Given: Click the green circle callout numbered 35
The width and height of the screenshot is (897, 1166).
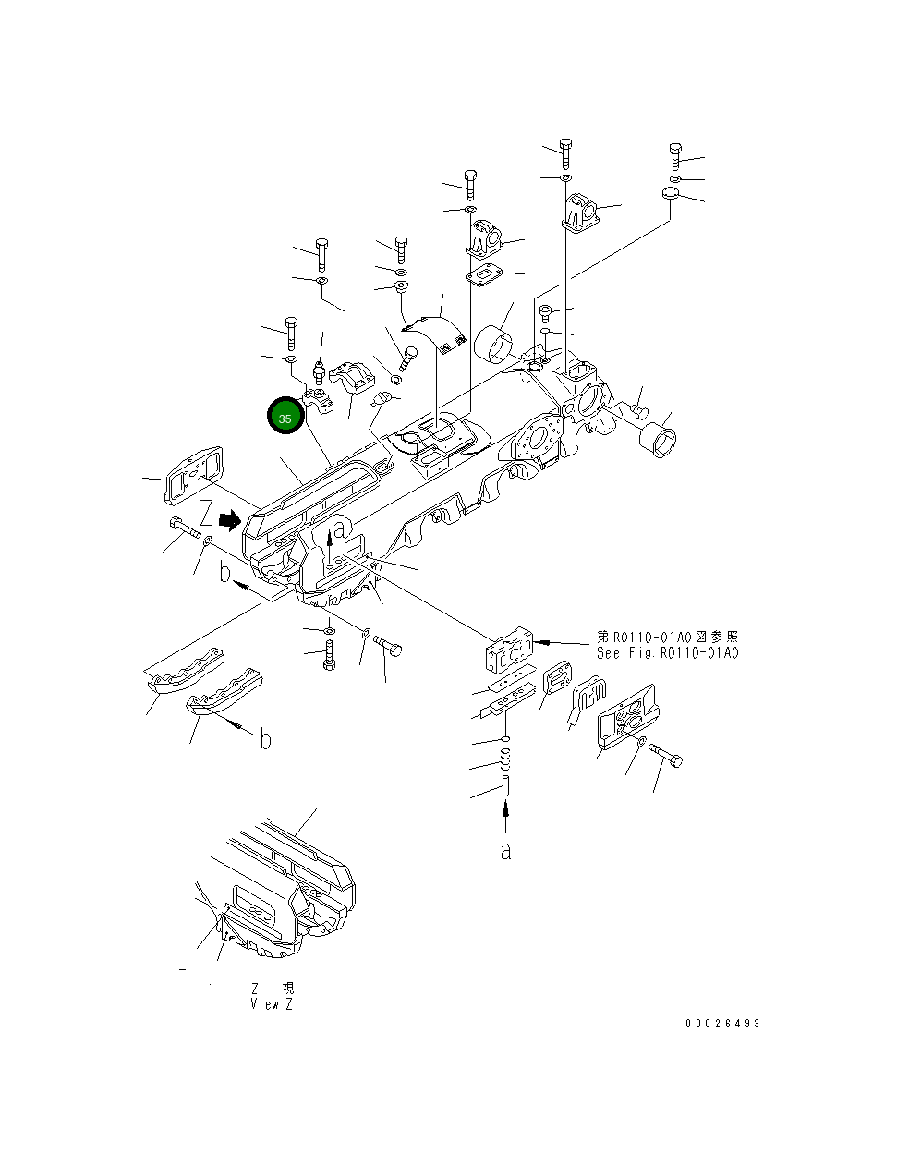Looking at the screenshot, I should click(x=285, y=418).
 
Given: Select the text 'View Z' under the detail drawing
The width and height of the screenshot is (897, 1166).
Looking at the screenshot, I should click(x=271, y=1004).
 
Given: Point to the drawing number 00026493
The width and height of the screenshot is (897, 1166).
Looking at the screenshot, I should click(x=722, y=1024).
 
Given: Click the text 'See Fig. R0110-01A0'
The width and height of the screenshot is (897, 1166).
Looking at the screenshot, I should click(x=667, y=653).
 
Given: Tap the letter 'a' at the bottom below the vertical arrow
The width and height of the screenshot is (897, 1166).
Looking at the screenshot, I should click(x=505, y=851).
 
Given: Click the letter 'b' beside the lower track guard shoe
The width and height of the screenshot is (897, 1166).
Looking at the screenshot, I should click(x=265, y=740).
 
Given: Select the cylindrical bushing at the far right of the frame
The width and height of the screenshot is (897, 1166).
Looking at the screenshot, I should click(x=659, y=438).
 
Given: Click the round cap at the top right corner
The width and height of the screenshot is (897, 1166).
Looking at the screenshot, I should click(x=670, y=194).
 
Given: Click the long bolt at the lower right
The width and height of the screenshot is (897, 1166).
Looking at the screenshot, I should click(x=666, y=754).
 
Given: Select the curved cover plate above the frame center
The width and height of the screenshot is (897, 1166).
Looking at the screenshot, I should click(x=433, y=333).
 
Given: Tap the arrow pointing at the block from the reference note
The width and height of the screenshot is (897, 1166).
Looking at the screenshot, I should click(x=563, y=641).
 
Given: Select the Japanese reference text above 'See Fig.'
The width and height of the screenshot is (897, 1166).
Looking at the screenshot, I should click(x=667, y=638).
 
